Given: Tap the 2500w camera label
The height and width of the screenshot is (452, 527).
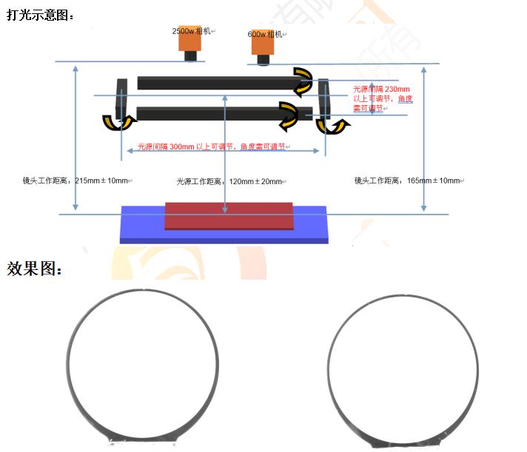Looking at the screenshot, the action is [x=192, y=31].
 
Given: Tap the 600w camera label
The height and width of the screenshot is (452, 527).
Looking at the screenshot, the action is [x=265, y=34].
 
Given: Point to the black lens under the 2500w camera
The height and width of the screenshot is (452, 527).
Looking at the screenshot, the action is [x=190, y=55].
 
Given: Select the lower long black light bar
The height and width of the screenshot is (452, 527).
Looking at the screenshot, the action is [x=224, y=113].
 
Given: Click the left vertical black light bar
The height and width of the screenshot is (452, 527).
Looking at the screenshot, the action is [x=121, y=98].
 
